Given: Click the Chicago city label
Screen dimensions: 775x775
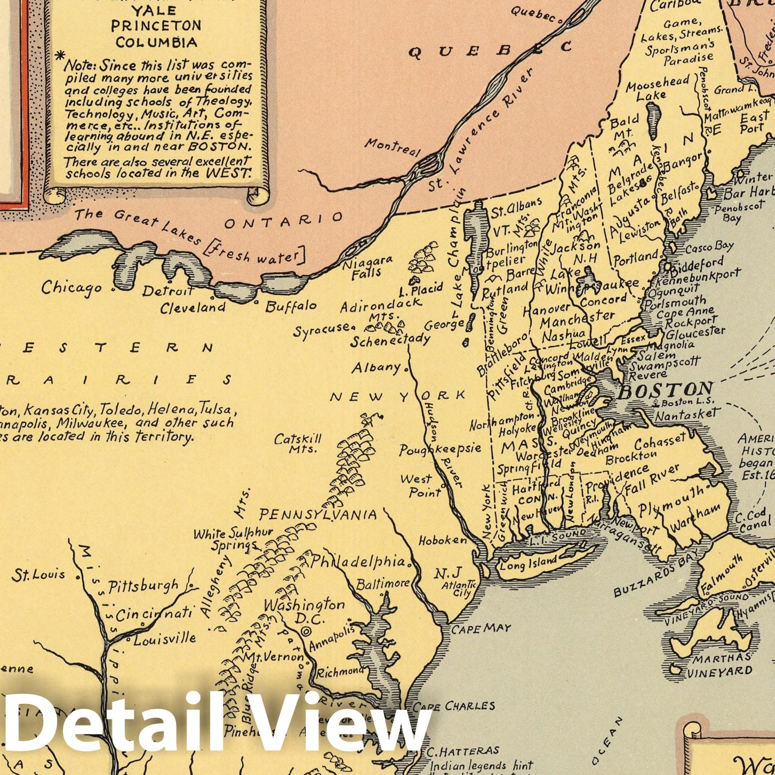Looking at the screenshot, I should pos(71,287).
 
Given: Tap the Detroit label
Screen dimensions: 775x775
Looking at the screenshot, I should pos(168,292).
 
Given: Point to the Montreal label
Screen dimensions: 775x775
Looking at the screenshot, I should pos(393,146).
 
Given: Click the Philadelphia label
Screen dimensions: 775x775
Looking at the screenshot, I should pos(357,562).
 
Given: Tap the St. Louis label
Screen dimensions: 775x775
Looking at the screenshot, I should pos(39,575).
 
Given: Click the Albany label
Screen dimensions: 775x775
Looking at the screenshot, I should pos(377,367).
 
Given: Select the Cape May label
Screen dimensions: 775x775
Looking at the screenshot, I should pos(481,629).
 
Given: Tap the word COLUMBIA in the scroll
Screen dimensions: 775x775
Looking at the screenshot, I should pos(156,42).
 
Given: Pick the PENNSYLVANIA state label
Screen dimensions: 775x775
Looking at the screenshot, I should pos(318,514).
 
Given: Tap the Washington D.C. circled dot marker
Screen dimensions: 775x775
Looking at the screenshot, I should pos(306,631).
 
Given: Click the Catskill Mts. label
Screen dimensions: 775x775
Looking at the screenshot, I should pos(297,444).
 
